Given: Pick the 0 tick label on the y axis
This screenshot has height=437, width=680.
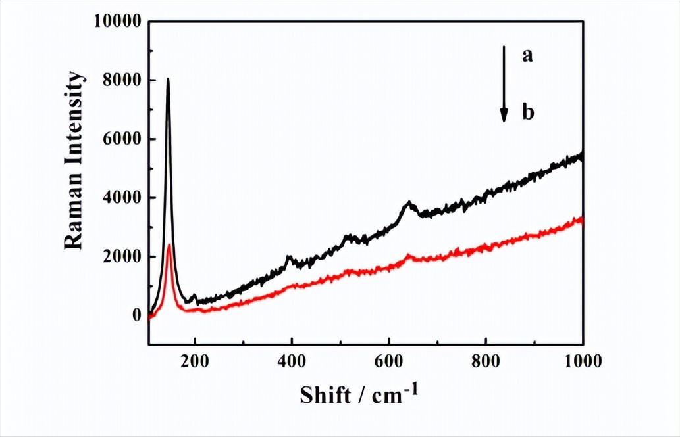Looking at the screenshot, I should (136, 315).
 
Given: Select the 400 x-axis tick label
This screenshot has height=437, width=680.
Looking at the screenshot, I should (292, 360).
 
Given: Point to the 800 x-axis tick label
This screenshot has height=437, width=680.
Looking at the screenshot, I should (486, 360).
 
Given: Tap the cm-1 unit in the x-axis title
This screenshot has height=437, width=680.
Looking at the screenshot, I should (394, 394).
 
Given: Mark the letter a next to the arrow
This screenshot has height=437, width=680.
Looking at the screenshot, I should (527, 56).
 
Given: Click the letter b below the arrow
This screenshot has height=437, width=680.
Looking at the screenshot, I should (527, 113).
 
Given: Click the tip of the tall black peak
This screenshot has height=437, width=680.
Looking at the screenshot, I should (168, 79).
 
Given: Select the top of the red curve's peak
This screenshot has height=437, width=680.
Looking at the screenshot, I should (169, 245).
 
